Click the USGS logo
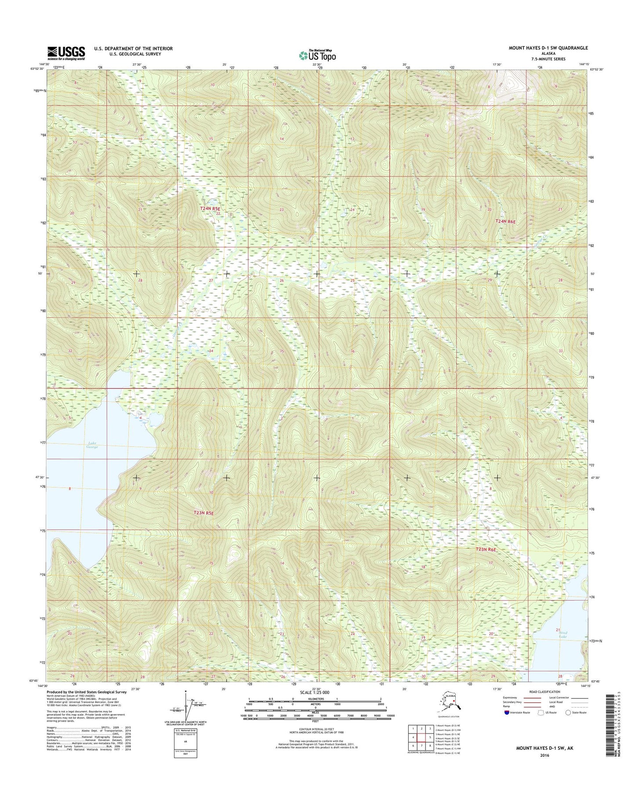pos(66,53)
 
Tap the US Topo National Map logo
pos(317,55)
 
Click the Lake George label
pos(91,444)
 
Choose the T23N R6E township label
pos(486,549)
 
